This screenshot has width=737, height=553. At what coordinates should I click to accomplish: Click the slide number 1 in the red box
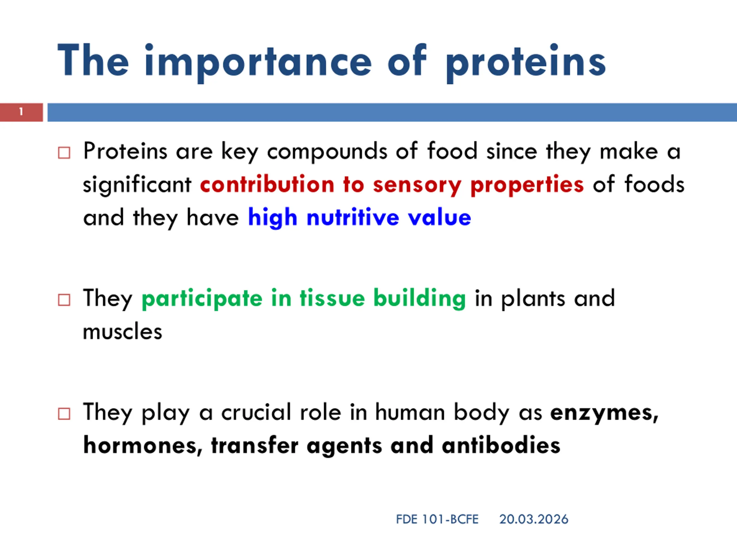[x=21, y=112]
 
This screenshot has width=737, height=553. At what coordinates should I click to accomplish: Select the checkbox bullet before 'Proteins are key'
[x=64, y=153]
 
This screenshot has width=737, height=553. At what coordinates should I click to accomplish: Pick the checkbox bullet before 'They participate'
[x=64, y=300]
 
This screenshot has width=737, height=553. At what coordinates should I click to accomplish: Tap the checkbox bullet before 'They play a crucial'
[x=64, y=414]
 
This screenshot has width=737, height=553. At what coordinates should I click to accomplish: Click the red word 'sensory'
[x=417, y=185]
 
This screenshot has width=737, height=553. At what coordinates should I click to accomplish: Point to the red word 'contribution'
[x=267, y=184]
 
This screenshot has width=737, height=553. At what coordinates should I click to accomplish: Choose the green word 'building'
[x=419, y=299]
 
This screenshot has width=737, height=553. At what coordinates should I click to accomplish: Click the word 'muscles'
[x=122, y=332]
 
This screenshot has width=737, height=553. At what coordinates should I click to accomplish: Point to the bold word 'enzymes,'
[x=604, y=413]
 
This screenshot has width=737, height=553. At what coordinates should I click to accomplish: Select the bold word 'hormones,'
[x=143, y=445]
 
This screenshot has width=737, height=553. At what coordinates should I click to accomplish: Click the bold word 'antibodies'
[x=501, y=445]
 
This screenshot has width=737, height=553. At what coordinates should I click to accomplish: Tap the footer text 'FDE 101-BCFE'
[x=437, y=519]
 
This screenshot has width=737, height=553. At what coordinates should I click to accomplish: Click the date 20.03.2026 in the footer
[x=534, y=519]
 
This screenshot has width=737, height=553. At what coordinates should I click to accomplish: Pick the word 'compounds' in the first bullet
[x=327, y=152]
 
